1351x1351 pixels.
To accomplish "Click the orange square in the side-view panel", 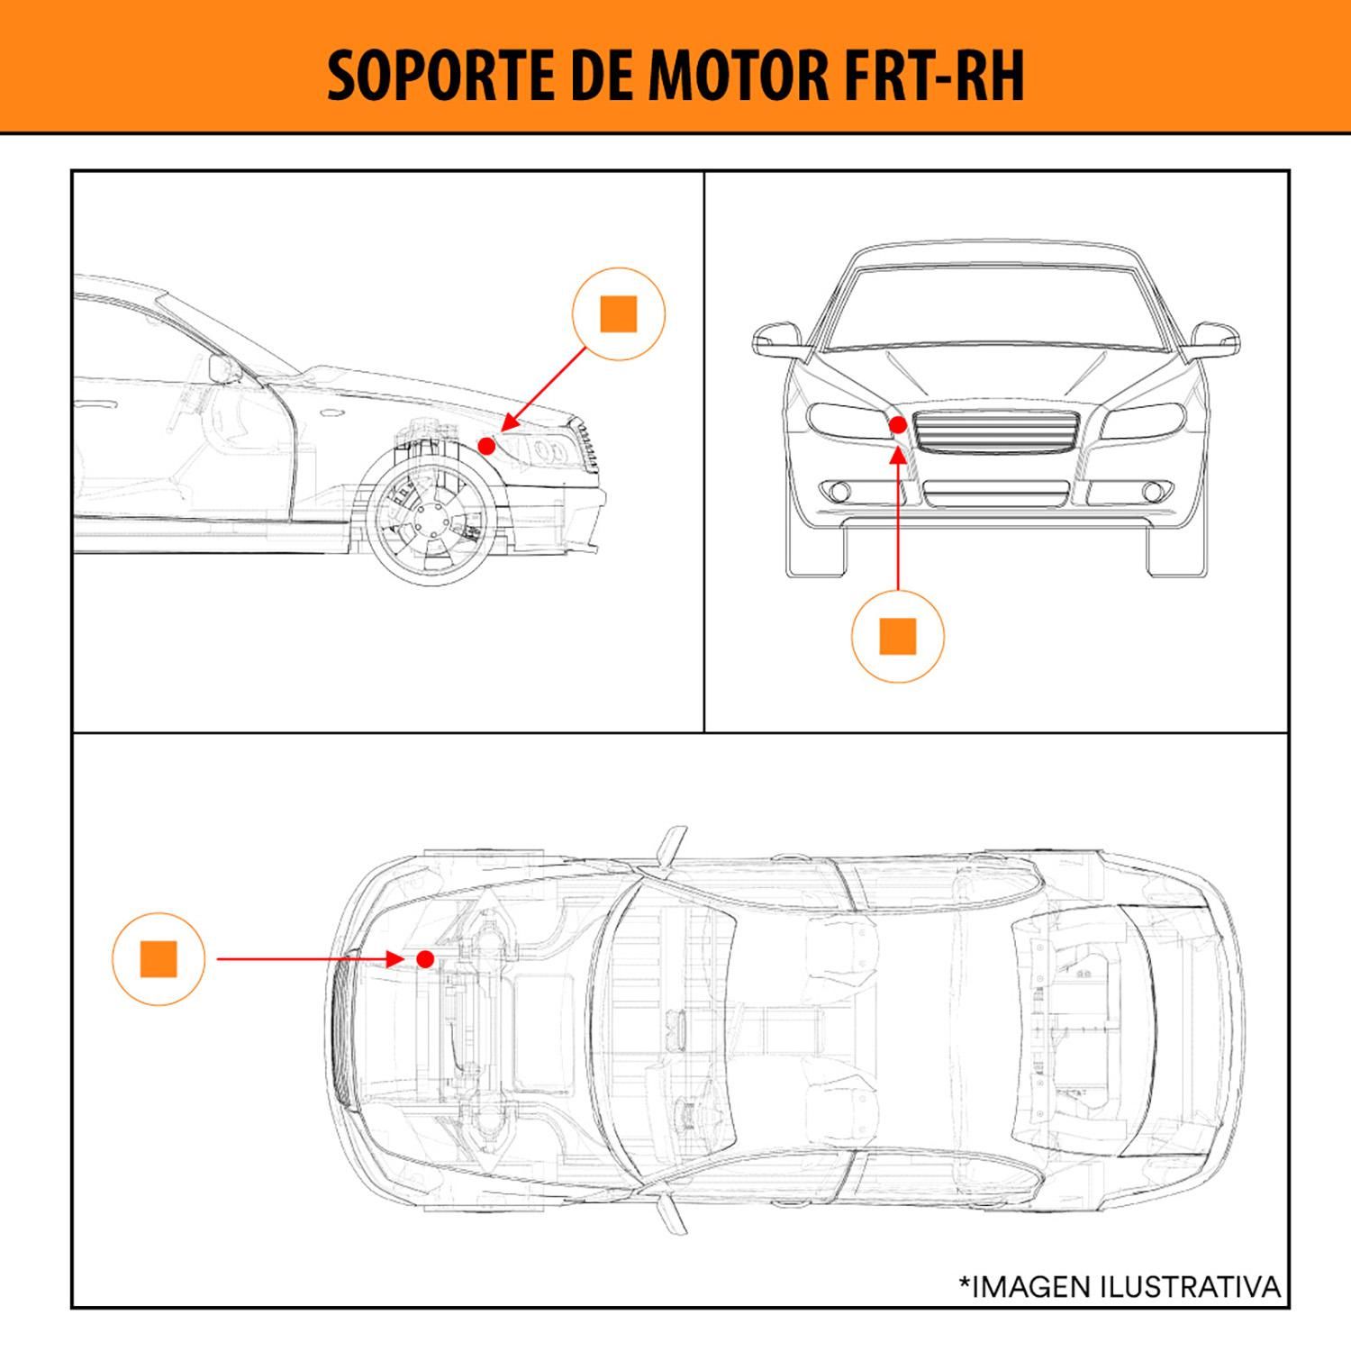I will click(618, 313).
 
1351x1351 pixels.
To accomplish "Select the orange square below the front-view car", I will click(897, 636).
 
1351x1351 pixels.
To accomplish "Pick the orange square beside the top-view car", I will click(159, 959).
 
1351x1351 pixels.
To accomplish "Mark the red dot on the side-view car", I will click(486, 445).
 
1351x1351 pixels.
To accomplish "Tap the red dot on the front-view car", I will click(897, 425).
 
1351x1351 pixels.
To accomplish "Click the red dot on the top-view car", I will click(427, 958).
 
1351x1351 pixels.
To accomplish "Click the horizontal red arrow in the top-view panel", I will click(306, 959).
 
